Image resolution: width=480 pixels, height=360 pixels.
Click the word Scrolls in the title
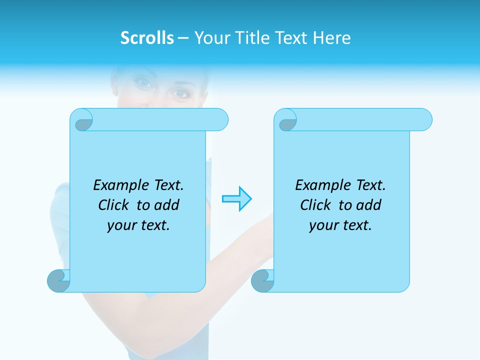tap(147, 38)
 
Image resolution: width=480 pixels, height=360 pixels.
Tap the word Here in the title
tap(332, 38)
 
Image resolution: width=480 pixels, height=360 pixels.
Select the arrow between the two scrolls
tap(237, 199)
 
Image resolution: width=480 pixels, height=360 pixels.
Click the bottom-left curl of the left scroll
tap(59, 280)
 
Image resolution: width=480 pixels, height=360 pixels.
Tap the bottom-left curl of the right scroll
tap(263, 281)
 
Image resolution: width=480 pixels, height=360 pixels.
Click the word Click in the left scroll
tap(115, 205)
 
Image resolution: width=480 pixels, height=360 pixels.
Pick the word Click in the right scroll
tap(315, 205)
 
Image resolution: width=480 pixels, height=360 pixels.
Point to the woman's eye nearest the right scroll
tap(179, 93)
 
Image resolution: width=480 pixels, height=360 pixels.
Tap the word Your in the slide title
tap(210, 38)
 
